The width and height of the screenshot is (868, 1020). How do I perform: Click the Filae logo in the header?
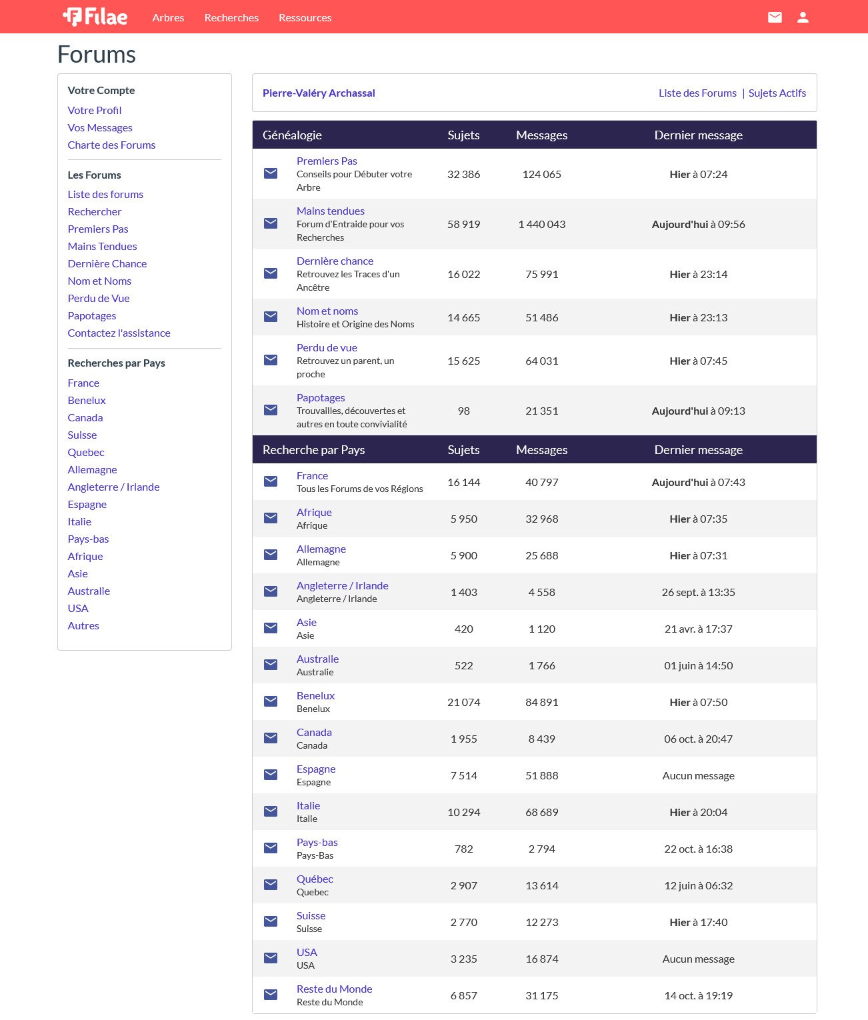(95, 17)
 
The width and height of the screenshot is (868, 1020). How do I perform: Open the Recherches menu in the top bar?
(231, 17)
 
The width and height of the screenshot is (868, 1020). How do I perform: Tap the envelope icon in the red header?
(775, 17)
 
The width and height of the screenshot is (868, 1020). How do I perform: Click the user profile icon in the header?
(803, 17)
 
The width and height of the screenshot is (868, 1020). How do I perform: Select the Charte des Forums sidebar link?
(111, 145)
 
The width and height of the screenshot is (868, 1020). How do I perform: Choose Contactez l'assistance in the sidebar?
(119, 333)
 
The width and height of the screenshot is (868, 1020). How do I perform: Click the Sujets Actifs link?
(777, 93)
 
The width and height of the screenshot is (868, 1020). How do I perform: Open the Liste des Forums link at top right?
(697, 93)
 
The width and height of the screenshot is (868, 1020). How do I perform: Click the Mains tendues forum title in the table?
(331, 211)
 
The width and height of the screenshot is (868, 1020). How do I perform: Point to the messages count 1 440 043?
(541, 224)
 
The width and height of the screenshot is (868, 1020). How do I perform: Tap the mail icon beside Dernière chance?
(271, 273)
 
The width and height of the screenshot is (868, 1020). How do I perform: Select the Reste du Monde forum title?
(334, 989)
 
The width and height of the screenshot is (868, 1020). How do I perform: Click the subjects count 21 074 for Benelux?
(463, 702)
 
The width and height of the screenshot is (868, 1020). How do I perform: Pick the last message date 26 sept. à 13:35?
(698, 592)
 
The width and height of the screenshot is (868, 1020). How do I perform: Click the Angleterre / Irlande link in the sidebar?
(113, 487)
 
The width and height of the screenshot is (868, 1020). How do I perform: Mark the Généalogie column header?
(292, 135)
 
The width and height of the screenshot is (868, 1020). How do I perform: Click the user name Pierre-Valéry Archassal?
(319, 93)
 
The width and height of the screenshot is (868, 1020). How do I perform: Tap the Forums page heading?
(97, 54)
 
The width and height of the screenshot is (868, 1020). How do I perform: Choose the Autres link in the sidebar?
(83, 625)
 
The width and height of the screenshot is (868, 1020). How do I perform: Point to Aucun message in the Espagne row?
(698, 775)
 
